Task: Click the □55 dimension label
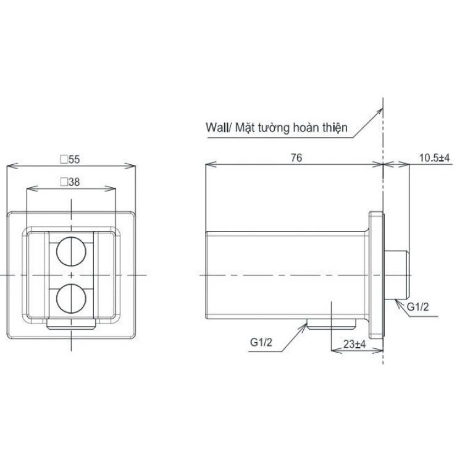coord(70,159)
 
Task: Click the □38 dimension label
coord(70,182)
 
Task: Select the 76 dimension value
coord(295,158)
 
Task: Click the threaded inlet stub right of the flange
coord(398,274)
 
